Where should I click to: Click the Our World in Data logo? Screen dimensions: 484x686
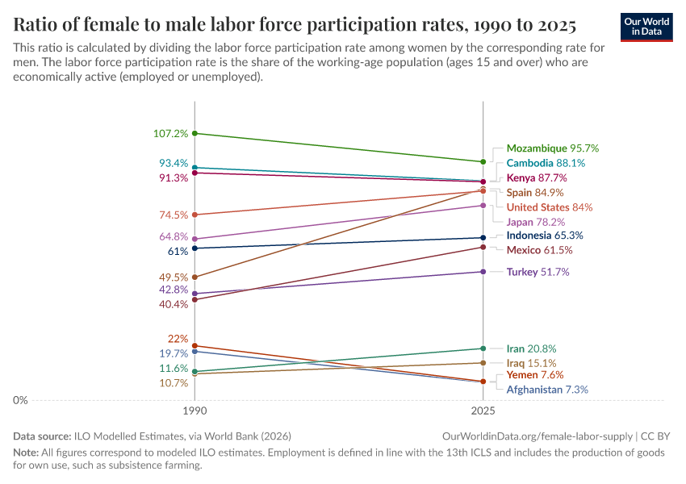(646, 26)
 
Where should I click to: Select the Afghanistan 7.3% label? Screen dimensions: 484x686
(547, 390)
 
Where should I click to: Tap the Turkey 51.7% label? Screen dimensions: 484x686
(538, 272)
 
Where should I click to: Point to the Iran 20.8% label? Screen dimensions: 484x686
(530, 348)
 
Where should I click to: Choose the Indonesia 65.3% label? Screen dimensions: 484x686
(545, 236)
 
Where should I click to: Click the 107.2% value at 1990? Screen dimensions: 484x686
(170, 133)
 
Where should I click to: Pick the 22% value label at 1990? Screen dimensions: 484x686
(178, 339)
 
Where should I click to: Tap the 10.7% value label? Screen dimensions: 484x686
(174, 383)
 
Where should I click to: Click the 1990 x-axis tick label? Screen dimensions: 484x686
(195, 411)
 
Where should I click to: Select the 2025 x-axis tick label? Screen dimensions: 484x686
(483, 411)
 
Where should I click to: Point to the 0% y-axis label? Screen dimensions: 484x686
(20, 400)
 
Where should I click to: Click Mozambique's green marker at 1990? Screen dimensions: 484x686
(195, 133)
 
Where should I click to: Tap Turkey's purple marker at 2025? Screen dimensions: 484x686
(483, 272)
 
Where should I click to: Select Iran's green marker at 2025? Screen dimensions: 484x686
(483, 348)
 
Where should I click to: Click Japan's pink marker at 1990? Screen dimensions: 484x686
(195, 239)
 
